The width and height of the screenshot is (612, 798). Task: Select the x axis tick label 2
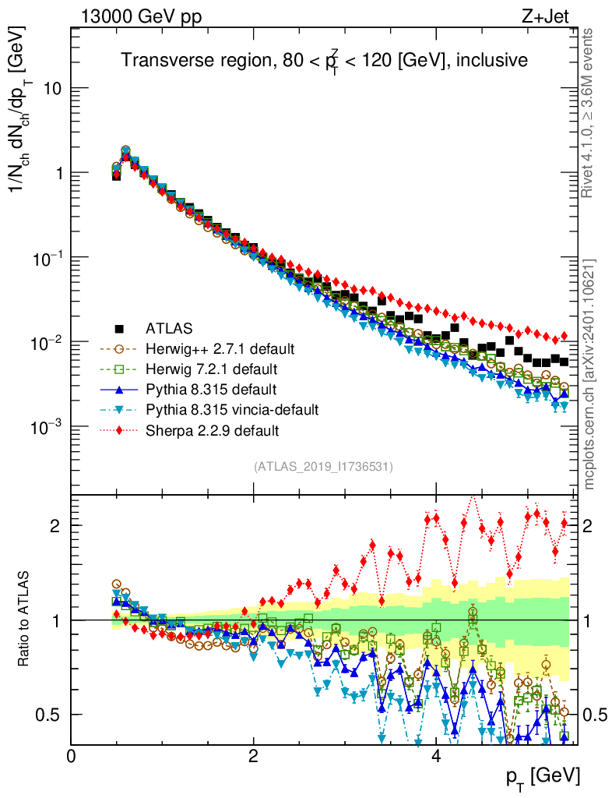click(x=253, y=755)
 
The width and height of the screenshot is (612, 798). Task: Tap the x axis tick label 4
click(x=436, y=755)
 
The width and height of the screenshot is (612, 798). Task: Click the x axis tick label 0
click(x=71, y=755)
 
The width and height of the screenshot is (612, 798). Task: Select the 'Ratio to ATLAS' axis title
click(x=26, y=620)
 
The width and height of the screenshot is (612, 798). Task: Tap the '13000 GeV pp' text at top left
click(x=139, y=15)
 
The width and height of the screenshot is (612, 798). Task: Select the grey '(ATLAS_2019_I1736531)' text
click(x=323, y=467)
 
